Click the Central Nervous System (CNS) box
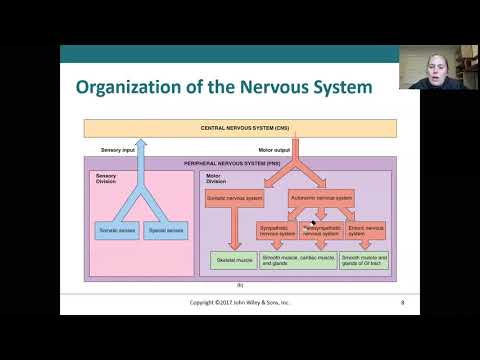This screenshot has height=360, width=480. click(x=240, y=128)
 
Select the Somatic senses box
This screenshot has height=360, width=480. click(x=117, y=230)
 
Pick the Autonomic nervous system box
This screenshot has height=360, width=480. click(x=321, y=197)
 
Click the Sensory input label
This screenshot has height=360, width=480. click(x=118, y=150)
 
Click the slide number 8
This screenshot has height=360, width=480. click(x=402, y=301)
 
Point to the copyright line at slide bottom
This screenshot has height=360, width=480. click(x=240, y=301)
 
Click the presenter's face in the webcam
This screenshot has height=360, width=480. click(x=439, y=71)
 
